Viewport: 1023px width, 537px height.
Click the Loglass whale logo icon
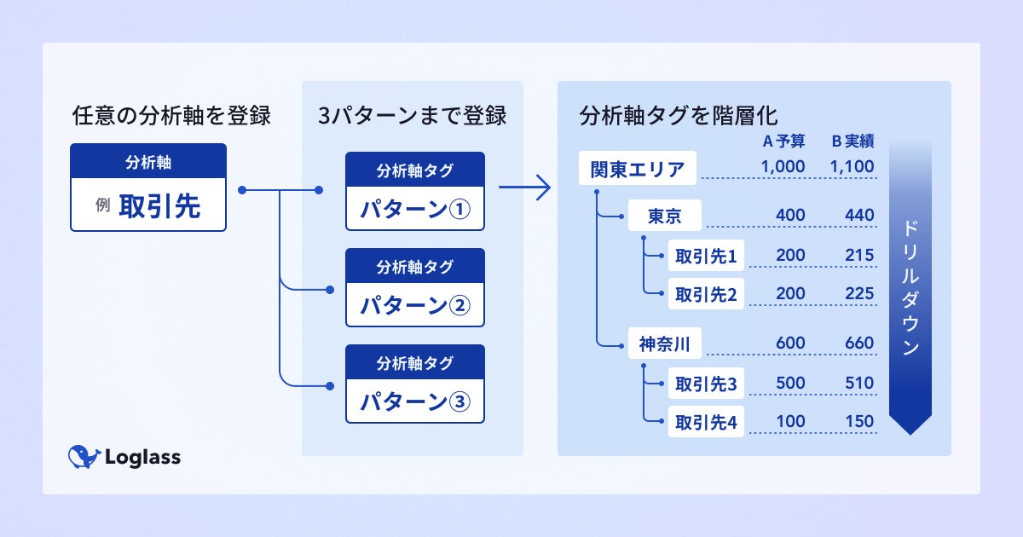84,457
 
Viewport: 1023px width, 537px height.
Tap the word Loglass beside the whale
143,457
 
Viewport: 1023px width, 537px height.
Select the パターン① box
414,191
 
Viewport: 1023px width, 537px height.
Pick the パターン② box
414,288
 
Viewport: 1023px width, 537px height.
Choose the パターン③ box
414,384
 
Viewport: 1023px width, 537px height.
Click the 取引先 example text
159,206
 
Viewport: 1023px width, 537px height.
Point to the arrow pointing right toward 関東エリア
525,188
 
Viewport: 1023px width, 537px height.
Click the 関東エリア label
638,169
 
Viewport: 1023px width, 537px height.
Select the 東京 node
664,216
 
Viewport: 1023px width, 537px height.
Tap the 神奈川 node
664,344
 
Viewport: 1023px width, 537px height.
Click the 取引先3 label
706,384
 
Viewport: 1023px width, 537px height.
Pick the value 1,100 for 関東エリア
852,166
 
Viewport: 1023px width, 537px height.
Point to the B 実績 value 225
859,293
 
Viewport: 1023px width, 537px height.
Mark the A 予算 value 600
790,343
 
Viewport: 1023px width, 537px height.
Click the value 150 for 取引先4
859,421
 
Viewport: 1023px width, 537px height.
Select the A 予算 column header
783,141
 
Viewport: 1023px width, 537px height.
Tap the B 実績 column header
852,141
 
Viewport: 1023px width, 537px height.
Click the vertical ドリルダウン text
910,288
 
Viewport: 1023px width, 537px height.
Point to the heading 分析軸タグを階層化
679,116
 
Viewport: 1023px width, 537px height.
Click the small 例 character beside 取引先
103,205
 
